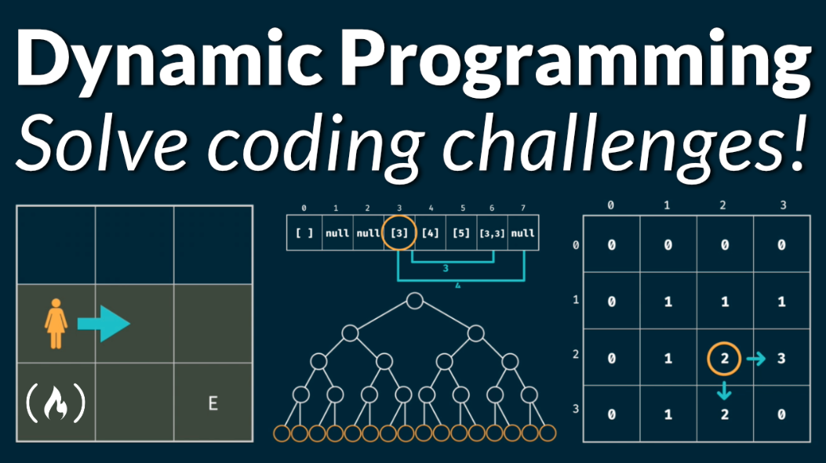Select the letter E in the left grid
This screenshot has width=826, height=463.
213,403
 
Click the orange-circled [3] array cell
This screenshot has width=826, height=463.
398,233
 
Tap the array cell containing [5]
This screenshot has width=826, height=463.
461,233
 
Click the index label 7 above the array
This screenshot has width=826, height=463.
523,209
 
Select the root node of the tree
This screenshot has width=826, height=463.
414,301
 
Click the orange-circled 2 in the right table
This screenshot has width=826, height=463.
724,359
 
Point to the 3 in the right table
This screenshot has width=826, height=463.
781,359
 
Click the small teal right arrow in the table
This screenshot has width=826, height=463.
755,359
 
